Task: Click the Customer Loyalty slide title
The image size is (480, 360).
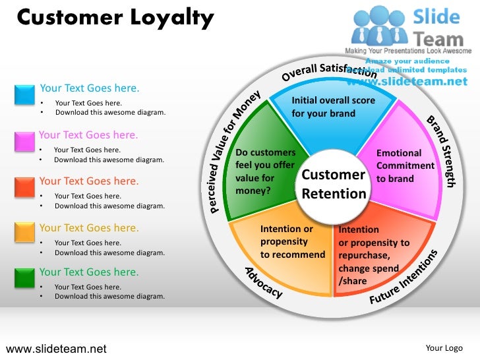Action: pyautogui.click(x=115, y=18)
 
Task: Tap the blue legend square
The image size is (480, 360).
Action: pyautogui.click(x=24, y=94)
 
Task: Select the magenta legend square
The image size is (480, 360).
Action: pyautogui.click(x=24, y=141)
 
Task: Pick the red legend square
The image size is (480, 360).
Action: pyautogui.click(x=24, y=187)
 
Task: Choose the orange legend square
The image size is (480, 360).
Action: pyautogui.click(x=24, y=232)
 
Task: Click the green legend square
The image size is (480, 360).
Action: pyautogui.click(x=24, y=277)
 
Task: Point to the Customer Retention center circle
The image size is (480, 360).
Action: pyautogui.click(x=334, y=184)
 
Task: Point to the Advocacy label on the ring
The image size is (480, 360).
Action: pyautogui.click(x=264, y=282)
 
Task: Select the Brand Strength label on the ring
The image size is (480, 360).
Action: pyautogui.click(x=441, y=151)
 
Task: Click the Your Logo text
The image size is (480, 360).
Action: pyautogui.click(x=443, y=348)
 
